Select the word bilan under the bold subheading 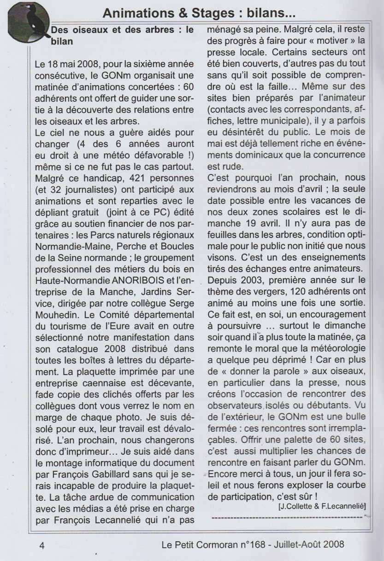(x=63, y=41)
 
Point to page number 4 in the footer (x=41, y=545)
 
